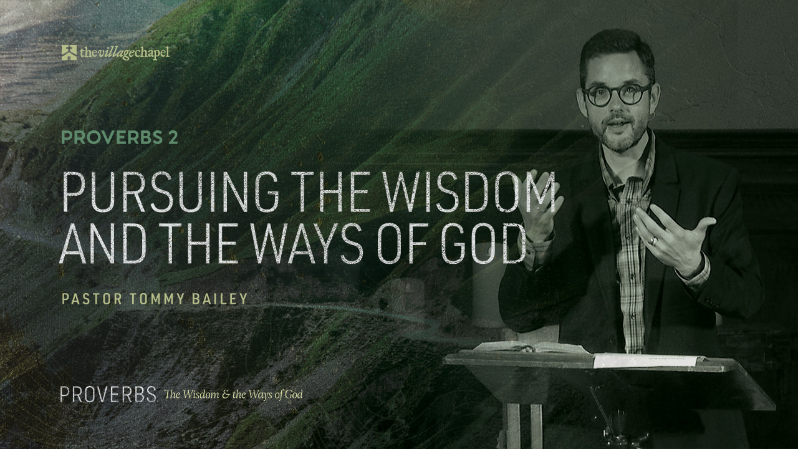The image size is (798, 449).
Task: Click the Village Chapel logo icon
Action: coord(69,53)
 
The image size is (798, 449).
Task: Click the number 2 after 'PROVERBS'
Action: coord(173,138)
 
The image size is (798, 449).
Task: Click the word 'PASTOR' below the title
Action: coord(92,299)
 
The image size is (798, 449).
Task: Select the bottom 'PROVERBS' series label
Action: coord(108,395)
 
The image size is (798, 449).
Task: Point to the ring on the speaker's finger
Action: coord(652,240)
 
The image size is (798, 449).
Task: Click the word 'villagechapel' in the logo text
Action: coord(125,54)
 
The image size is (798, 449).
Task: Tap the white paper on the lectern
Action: coord(648,360)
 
